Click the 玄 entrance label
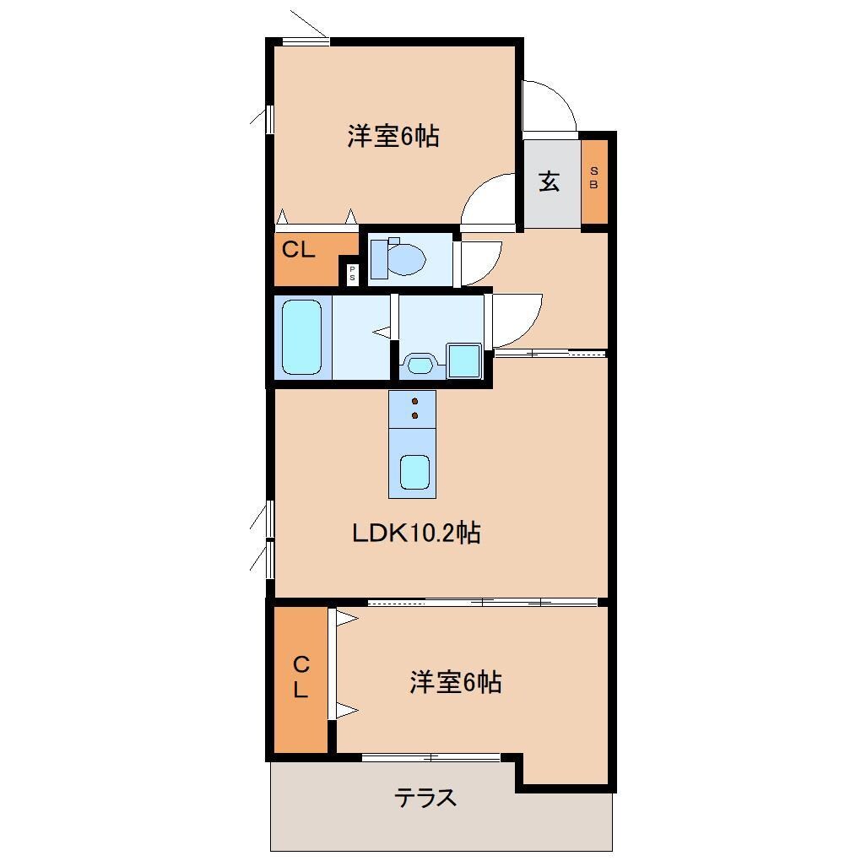coord(550,181)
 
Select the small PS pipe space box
coord(352,273)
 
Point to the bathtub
coord(301,336)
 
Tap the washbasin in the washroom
coord(419,365)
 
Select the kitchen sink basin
coord(414,472)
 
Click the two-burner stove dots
coord(414,408)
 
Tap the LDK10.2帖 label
coord(416,533)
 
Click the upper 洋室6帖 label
coord(393,136)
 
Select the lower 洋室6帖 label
coord(456,682)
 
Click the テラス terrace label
coord(426,797)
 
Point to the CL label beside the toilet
coord(298,250)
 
